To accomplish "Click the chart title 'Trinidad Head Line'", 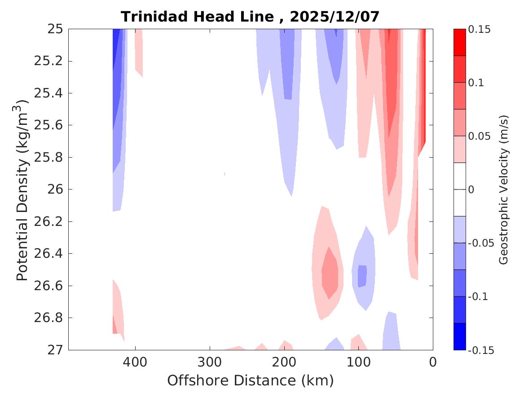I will [x=198, y=17].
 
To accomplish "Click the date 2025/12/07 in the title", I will [x=335, y=17].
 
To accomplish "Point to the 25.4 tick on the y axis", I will [x=47, y=93].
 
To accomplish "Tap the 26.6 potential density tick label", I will [x=47, y=286].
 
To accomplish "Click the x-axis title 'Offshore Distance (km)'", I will [x=251, y=381].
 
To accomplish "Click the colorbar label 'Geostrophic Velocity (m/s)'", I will [x=504, y=190].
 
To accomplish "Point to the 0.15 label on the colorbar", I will [x=480, y=29].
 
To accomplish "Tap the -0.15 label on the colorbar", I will [x=481, y=350].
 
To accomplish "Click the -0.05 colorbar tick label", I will [x=481, y=243].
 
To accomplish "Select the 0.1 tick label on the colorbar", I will [x=477, y=83].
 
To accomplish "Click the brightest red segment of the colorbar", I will [x=459, y=42].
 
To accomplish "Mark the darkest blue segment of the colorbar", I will [x=459, y=336].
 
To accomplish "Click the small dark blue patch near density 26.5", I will [x=362, y=276].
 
